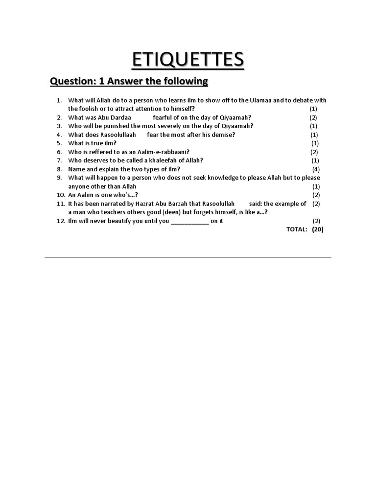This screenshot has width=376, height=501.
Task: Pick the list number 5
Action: click(x=59, y=143)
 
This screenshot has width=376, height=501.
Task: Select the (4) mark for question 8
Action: click(x=316, y=169)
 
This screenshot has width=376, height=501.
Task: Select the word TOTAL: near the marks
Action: click(x=297, y=229)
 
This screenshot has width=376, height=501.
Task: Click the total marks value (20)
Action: click(x=317, y=229)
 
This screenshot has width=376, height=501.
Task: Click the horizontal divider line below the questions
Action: click(x=188, y=257)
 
